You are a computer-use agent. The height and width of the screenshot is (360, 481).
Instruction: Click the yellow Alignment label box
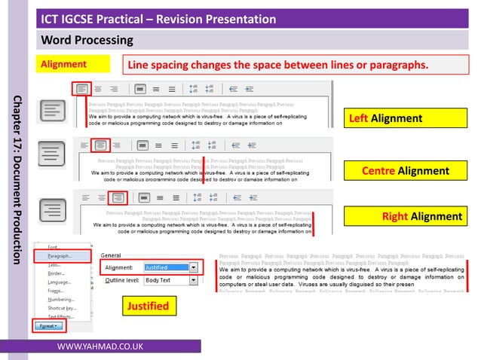tap(74, 65)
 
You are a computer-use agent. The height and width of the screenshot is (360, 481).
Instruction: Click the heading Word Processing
tap(87, 39)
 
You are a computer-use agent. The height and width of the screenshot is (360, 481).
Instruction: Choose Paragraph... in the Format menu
tap(60, 256)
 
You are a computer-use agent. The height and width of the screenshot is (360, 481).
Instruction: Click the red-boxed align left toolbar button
tap(81, 89)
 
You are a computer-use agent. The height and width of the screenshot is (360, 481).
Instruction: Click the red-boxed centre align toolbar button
tap(101, 145)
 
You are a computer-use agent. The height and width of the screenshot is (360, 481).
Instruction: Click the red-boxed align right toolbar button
tap(116, 198)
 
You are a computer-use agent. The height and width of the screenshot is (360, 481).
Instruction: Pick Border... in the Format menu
tap(57, 273)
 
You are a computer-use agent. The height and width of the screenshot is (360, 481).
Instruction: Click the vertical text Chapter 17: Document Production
tap(17, 179)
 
